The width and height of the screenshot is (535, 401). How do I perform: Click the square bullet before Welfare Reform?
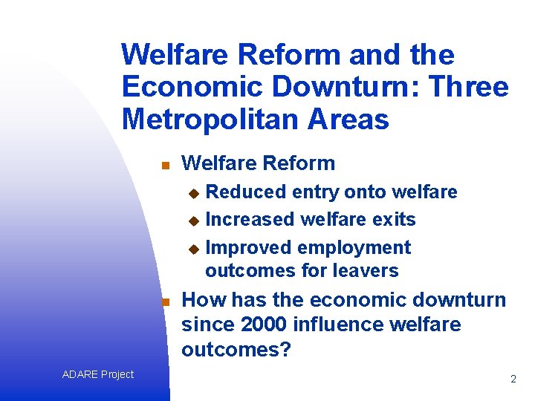pyautogui.click(x=166, y=165)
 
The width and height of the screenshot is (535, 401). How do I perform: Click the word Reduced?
pyautogui.click(x=246, y=192)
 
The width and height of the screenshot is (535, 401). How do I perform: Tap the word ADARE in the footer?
pyautogui.click(x=80, y=374)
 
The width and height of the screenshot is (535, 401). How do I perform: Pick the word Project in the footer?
pyautogui.click(x=117, y=374)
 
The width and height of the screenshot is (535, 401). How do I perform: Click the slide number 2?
pyautogui.click(x=513, y=379)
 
